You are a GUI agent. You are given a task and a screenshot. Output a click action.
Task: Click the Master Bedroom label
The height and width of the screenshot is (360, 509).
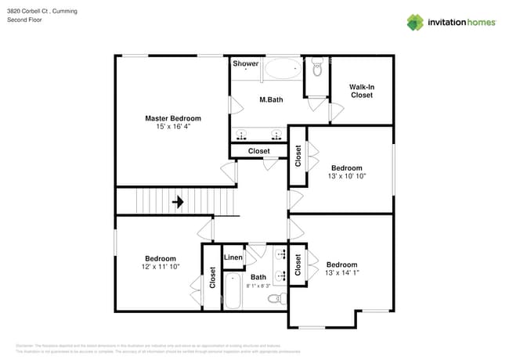[172, 118]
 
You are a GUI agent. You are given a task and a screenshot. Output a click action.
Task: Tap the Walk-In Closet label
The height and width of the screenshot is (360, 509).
[361, 91]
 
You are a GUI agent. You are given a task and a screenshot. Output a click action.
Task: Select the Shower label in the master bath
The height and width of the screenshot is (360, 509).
[245, 63]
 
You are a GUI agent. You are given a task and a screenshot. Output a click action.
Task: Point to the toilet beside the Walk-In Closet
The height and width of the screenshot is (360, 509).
[317, 70]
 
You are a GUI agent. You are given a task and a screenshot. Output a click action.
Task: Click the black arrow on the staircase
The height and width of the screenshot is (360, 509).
[178, 202]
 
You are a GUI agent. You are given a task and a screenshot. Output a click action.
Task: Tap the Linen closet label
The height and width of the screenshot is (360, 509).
[233, 257]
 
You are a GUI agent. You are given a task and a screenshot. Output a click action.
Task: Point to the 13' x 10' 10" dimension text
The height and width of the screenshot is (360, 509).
[346, 176]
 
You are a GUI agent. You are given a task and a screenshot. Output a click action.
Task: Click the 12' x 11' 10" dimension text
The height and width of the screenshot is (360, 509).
[160, 267]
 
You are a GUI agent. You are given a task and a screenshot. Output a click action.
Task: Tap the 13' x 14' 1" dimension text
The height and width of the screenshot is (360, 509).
[342, 273]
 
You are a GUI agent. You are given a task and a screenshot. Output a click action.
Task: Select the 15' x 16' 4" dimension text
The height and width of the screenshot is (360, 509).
[172, 126]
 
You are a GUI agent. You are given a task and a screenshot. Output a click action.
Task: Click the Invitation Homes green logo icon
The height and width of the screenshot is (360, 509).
[414, 23]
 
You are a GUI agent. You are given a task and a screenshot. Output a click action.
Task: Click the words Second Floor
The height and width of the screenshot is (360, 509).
[24, 20]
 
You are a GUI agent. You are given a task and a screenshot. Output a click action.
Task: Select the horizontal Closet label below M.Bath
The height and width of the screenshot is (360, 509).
[258, 151]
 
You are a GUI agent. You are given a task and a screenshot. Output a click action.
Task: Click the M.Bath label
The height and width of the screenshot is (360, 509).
[272, 99]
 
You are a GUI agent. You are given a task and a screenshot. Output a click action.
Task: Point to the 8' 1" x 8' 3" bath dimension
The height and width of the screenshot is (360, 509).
[258, 286]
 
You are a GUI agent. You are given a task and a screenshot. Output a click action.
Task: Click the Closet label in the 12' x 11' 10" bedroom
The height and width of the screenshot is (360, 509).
[212, 278]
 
